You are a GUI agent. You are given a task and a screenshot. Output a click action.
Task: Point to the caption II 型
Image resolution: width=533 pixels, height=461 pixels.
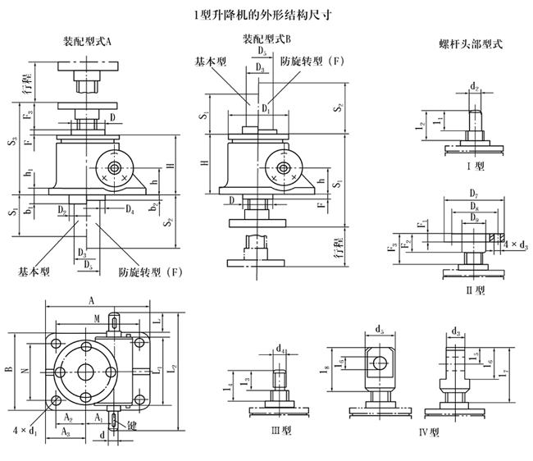(x=475, y=290)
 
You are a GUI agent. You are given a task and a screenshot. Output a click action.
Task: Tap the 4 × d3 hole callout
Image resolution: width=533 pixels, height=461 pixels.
(x=513, y=244)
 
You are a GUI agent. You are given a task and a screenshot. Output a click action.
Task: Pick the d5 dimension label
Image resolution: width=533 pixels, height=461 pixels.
(x=379, y=331)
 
